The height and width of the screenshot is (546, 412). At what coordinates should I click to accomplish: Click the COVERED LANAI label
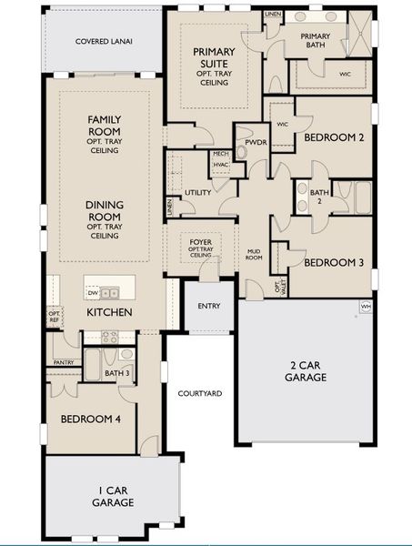pos(101,41)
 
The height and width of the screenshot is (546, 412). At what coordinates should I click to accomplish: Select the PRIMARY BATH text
pos(316,42)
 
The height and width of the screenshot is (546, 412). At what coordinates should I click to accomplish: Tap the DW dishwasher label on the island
pos(92,293)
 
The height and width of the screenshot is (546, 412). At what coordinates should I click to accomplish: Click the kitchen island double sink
pos(110,293)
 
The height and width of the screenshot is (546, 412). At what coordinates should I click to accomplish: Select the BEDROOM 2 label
pos(334,137)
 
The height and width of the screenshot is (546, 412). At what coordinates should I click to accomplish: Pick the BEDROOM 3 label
pos(334,262)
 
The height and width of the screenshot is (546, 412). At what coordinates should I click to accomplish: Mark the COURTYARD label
pos(200,393)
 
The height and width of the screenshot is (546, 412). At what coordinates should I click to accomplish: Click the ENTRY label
pos(210,306)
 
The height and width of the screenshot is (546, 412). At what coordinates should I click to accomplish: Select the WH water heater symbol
pos(366,307)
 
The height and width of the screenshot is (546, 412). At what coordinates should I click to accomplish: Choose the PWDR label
pos(248,142)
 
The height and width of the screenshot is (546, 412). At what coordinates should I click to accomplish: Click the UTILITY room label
pos(197,193)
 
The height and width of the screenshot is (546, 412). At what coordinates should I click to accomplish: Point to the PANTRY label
pos(64,362)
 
